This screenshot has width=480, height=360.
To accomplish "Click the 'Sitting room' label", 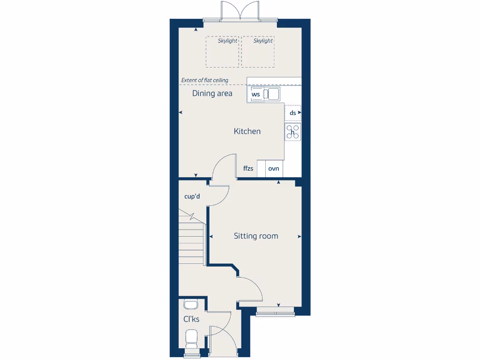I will point(256,236).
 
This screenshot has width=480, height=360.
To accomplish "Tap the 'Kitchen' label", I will point(247,132).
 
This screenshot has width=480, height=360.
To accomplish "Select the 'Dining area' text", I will point(212,93).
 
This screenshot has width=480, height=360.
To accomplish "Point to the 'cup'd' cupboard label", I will point(192,196).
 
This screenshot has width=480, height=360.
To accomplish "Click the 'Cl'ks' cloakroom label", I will point(191,319).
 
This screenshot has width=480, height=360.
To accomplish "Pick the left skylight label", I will point(227,41).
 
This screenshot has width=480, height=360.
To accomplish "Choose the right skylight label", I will point(263,41).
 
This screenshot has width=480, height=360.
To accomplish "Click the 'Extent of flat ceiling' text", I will point(205,80).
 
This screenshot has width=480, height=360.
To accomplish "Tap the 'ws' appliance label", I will point(255,94).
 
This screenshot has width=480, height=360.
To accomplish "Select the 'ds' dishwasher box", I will point(293,113).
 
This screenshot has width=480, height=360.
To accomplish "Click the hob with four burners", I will point(293,132).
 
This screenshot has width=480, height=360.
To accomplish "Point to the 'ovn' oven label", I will point(274,168).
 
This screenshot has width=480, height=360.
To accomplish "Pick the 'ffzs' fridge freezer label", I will point(248,168).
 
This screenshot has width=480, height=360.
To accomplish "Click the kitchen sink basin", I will point(273,94).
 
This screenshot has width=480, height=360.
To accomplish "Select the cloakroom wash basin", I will point(191,305).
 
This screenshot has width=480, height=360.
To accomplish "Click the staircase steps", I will point(191,241).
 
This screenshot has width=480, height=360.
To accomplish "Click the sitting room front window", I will point(275,311).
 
